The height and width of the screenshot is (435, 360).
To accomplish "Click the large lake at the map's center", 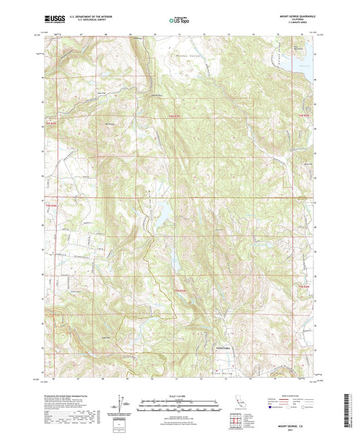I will point(164,214).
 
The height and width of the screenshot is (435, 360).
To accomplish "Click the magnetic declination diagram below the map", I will point(121,405).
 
